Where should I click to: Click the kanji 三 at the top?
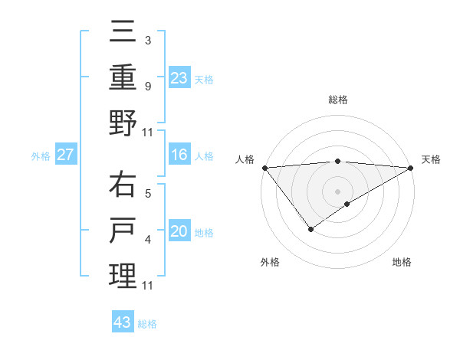pyautogui.click(x=123, y=33)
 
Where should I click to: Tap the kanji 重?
pyautogui.click(x=123, y=77)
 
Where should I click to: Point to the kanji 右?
pyautogui.click(x=123, y=185)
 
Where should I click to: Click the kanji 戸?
pyautogui.click(x=123, y=230)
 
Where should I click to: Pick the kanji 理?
pyautogui.click(x=123, y=275)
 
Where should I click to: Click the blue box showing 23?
pyautogui.click(x=179, y=78)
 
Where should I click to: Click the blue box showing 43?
pyautogui.click(x=123, y=322)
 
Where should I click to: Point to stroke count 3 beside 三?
pyautogui.click(x=147, y=40)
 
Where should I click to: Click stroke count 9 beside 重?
pyautogui.click(x=147, y=86)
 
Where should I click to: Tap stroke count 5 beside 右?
pyautogui.click(x=147, y=193)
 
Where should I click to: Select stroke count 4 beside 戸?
pyautogui.click(x=147, y=240)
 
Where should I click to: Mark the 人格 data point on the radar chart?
pyautogui.click(x=264, y=168)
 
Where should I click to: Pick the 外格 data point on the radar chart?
pyautogui.click(x=310, y=229)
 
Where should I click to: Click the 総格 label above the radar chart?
pyautogui.click(x=337, y=100)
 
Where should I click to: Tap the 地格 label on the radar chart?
pyautogui.click(x=402, y=262)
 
